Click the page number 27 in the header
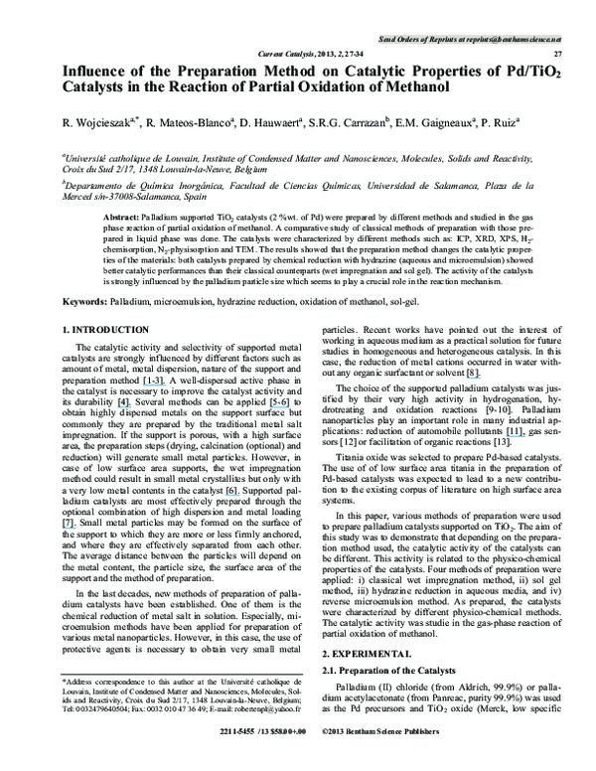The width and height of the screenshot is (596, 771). pos(558,53)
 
